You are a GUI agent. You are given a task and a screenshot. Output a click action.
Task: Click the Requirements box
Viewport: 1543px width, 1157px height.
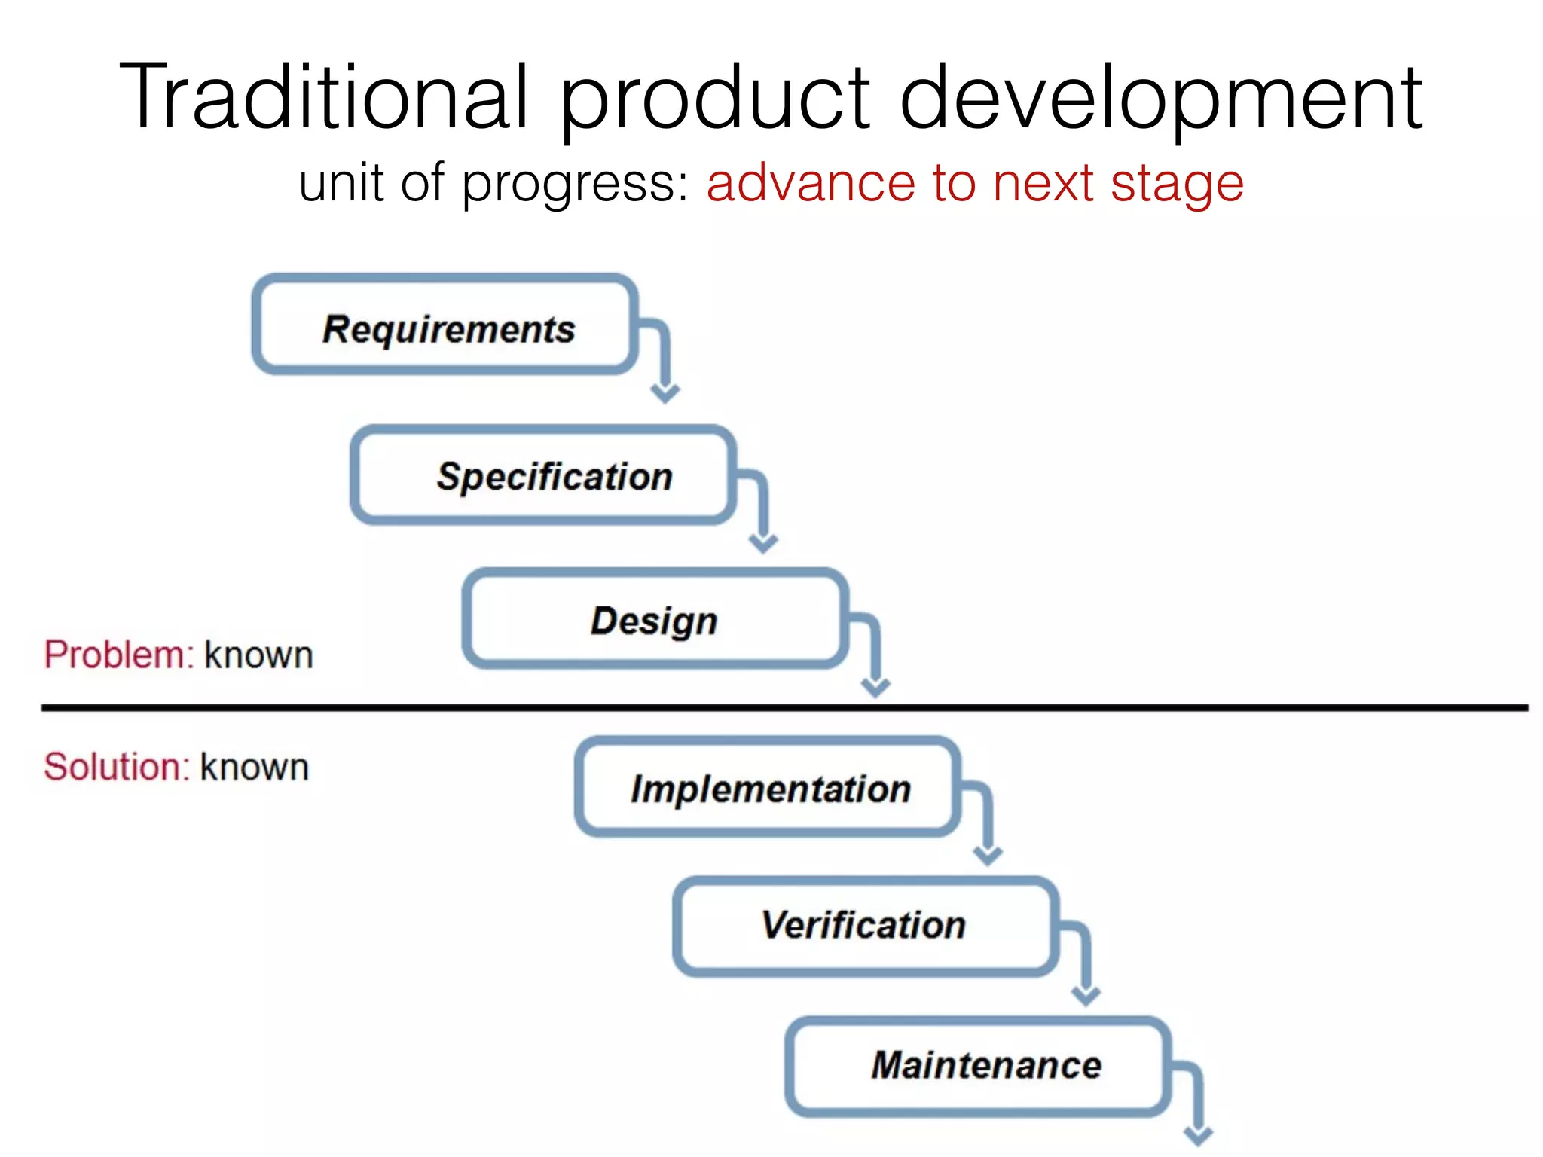pyautogui.click(x=445, y=325)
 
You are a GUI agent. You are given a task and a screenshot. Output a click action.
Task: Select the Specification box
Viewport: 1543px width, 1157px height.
pyautogui.click(x=542, y=475)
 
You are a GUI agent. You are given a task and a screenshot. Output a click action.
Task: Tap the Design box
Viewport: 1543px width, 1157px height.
pyautogui.click(x=654, y=619)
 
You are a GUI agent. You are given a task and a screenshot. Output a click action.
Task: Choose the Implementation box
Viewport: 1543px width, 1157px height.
pyautogui.click(x=767, y=788)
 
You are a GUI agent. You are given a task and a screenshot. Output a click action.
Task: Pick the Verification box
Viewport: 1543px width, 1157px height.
pyautogui.click(x=865, y=926)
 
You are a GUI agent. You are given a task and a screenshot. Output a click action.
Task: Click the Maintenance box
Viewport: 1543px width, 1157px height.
pyautogui.click(x=977, y=1066)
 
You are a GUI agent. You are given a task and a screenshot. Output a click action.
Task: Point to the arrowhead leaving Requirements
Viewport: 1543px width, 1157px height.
pyautogui.click(x=665, y=392)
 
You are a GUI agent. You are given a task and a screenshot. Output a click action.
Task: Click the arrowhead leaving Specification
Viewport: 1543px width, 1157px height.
pyautogui.click(x=763, y=543)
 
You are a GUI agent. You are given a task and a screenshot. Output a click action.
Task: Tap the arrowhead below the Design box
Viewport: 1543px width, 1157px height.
pyautogui.click(x=875, y=687)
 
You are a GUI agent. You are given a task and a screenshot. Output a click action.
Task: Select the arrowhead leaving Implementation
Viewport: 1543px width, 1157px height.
pyautogui.click(x=988, y=855)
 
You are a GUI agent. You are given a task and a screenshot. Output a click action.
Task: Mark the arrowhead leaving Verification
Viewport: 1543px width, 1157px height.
pyautogui.click(x=1086, y=996)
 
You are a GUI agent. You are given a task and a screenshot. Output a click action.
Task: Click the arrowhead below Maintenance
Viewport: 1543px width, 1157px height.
pyautogui.click(x=1198, y=1136)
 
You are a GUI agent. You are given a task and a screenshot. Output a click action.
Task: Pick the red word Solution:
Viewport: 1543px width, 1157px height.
pyautogui.click(x=117, y=767)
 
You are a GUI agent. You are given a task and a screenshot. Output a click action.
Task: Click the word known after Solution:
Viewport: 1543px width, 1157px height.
pyautogui.click(x=255, y=768)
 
